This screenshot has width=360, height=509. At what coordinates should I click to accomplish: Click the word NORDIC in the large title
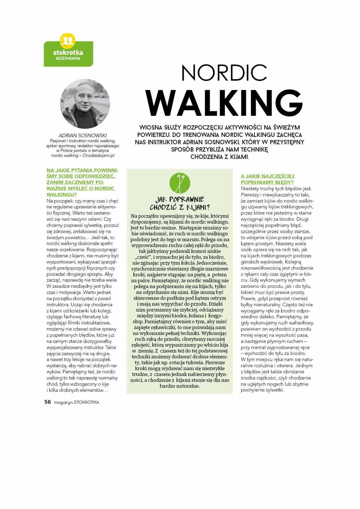224,73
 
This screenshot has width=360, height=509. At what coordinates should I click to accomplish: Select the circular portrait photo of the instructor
85,104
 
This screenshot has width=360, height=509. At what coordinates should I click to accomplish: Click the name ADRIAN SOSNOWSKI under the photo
83,136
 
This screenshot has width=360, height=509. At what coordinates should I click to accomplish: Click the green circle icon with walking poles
180,184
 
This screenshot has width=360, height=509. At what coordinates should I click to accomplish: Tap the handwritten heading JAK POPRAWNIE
180,199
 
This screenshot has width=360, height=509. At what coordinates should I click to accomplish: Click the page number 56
47,402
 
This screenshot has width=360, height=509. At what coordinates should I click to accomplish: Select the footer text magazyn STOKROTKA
77,402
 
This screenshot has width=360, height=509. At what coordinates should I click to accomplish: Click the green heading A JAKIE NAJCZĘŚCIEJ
268,176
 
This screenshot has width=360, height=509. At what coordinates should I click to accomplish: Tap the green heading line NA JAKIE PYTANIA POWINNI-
82,170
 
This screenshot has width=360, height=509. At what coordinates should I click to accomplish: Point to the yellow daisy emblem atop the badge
68,39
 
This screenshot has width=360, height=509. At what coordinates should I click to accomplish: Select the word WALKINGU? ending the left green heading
62,194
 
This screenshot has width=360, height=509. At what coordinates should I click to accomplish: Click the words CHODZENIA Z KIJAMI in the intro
219,157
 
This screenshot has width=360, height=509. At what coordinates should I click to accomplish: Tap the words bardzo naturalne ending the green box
180,386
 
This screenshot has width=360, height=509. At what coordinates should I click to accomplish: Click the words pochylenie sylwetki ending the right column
262,390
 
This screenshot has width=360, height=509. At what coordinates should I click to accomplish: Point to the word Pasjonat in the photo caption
57,141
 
